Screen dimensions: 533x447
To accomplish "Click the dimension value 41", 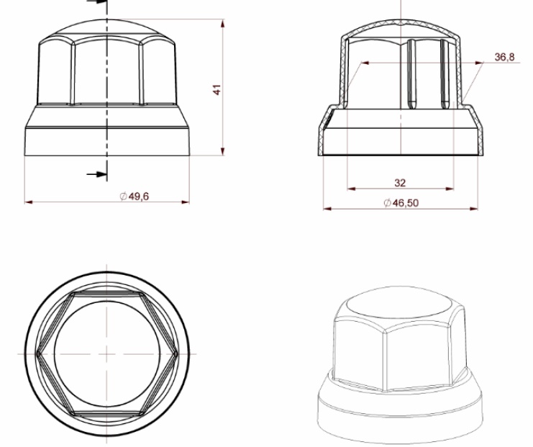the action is click(217, 90).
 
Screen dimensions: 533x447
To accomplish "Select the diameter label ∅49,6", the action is click(135, 197).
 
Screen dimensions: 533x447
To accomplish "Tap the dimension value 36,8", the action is click(504, 57).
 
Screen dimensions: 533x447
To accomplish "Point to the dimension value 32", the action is click(400, 183).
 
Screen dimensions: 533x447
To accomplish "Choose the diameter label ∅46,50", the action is click(401, 203).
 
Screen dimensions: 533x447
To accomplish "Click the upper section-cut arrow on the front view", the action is click(97, 1).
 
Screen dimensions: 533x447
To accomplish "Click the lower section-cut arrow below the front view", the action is click(97, 174).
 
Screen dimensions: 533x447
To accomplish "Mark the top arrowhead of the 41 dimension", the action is click(223, 24).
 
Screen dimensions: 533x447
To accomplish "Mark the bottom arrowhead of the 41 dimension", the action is click(223, 151).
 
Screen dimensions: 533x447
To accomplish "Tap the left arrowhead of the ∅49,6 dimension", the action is click(29, 202).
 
